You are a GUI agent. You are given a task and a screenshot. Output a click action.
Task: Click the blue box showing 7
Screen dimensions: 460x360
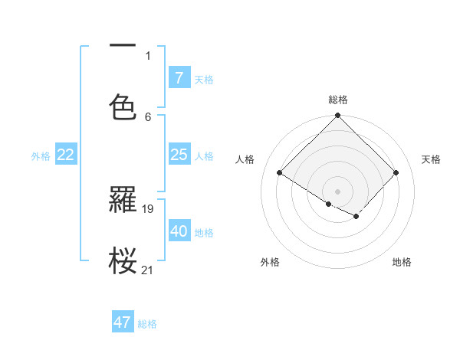click(x=179, y=78)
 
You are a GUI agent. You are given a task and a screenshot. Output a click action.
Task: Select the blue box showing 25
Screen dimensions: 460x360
click(x=179, y=155)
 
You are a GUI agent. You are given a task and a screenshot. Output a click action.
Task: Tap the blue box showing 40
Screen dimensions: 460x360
click(x=179, y=231)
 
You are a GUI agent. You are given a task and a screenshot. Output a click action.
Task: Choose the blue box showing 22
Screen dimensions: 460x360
click(x=66, y=155)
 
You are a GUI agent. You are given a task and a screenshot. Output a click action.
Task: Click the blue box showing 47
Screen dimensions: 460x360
click(x=123, y=322)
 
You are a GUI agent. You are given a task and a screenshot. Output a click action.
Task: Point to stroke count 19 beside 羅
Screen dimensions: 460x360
click(x=149, y=208)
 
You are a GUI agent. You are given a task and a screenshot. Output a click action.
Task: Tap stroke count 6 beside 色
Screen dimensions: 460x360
click(x=148, y=116)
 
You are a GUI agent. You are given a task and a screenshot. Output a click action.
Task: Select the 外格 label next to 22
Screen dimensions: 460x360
click(x=41, y=155)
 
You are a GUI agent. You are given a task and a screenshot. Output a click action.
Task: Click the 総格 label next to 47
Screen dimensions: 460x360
click(x=147, y=323)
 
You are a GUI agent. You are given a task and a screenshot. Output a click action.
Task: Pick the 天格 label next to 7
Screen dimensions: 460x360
click(x=204, y=79)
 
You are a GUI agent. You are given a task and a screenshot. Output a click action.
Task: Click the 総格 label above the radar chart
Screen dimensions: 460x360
click(x=338, y=100)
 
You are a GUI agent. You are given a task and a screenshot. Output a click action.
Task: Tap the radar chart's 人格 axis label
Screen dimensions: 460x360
click(x=245, y=159)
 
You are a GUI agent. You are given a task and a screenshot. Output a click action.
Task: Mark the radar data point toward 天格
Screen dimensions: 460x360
click(x=396, y=173)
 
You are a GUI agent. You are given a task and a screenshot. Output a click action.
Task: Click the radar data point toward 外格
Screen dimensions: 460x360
click(x=329, y=204)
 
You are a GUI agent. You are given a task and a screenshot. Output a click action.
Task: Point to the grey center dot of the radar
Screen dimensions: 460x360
click(x=338, y=191)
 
